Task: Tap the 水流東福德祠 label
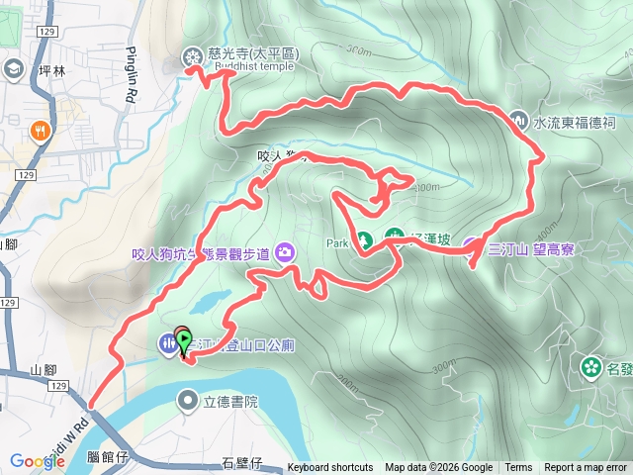(x=575, y=124)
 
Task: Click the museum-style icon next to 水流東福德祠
(x=521, y=122)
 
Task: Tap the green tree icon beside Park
(x=364, y=240)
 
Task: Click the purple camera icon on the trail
(x=286, y=252)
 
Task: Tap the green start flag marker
(x=184, y=338)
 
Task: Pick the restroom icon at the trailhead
(x=167, y=343)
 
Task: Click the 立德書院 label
(x=229, y=401)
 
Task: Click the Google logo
(x=37, y=461)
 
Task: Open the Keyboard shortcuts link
(x=330, y=468)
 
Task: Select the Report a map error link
(x=586, y=468)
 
